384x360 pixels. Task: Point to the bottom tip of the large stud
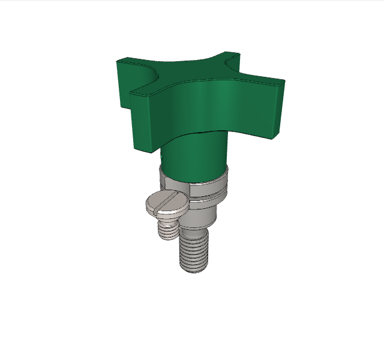click(194, 269)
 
